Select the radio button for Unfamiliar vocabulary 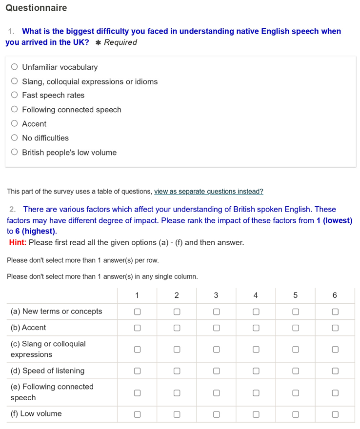click(x=15, y=67)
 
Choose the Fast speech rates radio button click(x=15, y=96)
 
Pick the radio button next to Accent click(x=15, y=124)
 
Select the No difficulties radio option click(x=15, y=138)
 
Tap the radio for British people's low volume click(x=15, y=153)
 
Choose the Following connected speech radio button click(x=15, y=110)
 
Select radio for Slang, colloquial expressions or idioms click(x=15, y=81)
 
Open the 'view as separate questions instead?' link click(x=209, y=192)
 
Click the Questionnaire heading click(x=37, y=8)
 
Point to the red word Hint click(x=18, y=242)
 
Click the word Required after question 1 click(x=120, y=42)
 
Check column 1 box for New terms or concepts click(x=137, y=312)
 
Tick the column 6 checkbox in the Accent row click(x=335, y=328)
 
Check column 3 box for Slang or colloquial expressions click(x=216, y=349)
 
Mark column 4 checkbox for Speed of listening click(x=256, y=371)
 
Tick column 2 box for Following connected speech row click(x=177, y=392)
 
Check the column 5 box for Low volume click(x=295, y=414)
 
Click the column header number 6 click(x=335, y=295)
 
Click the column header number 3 click(x=216, y=295)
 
